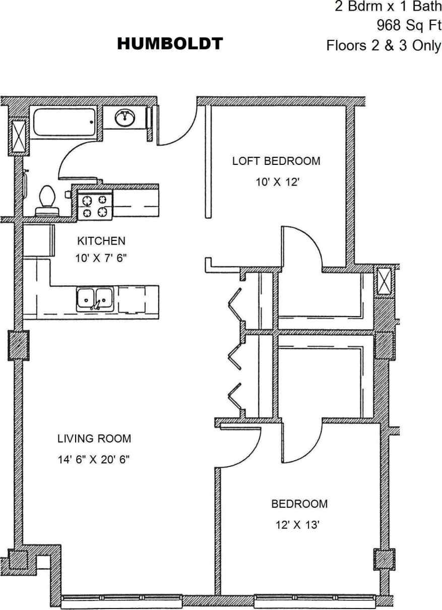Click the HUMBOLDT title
pos(170,44)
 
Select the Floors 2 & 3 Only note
pos(384,46)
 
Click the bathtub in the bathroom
pos(64,123)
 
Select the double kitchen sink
pos(95,299)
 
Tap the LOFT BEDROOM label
pos(276,161)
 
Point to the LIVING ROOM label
pos(94,438)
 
